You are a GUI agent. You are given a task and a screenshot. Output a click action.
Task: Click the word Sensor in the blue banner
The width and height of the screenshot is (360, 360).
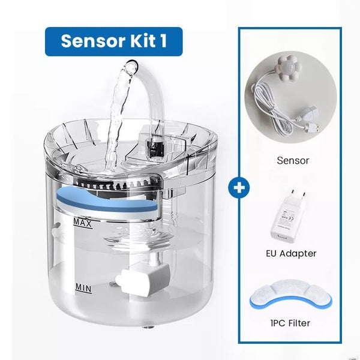click(89, 41)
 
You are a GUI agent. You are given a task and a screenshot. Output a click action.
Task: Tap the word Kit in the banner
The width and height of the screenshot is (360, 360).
click(139, 41)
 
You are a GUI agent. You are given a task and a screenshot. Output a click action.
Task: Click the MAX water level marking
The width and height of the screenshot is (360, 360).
click(81, 223)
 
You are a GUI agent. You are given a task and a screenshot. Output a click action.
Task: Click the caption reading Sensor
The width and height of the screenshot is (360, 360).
click(293, 160)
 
